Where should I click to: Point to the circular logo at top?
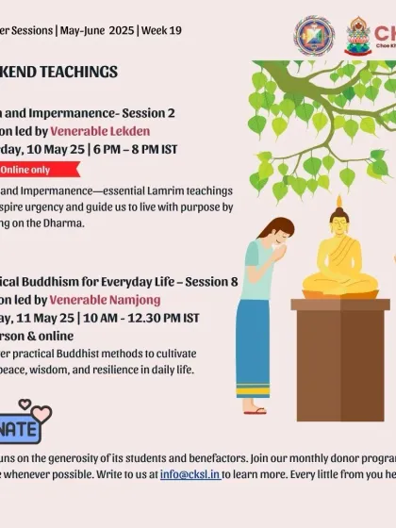(x=314, y=36)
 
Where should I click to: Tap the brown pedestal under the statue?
(x=339, y=358)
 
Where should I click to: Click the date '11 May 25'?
(x=50, y=316)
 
